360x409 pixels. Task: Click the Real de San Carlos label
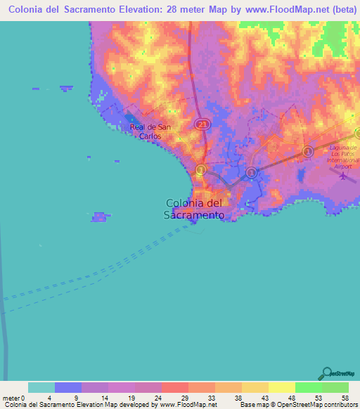pos(150,131)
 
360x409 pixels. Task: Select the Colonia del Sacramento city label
pos(195,209)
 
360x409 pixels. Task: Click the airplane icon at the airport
pos(342,175)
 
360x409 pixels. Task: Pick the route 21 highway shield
pos(202,124)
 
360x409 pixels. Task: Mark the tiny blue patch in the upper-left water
pos(66,88)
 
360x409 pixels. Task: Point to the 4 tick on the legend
pos(54,398)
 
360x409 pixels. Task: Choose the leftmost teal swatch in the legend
pos(41,387)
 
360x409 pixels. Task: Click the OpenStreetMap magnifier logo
pos(327,373)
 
